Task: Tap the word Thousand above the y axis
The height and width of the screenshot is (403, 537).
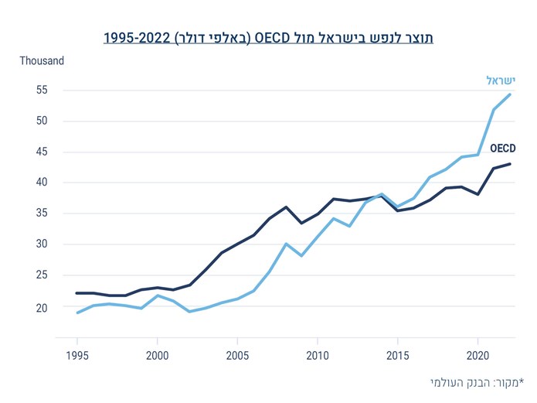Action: point(42,60)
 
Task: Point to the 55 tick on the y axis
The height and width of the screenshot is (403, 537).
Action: point(41,90)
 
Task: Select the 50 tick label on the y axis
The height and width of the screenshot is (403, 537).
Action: point(41,121)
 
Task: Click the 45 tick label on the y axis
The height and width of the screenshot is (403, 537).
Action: point(41,152)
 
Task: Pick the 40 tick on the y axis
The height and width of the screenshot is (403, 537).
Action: point(41,183)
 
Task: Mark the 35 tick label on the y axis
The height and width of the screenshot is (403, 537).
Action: point(41,213)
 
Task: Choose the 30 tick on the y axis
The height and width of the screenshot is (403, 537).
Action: point(41,244)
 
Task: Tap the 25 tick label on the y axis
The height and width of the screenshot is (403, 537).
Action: point(41,275)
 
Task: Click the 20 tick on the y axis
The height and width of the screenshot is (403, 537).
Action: point(41,308)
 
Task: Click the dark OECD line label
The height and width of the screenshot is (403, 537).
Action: point(502,148)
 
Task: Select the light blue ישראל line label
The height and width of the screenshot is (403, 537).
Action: point(500,80)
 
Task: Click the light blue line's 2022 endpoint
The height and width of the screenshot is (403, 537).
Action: point(510,94)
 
